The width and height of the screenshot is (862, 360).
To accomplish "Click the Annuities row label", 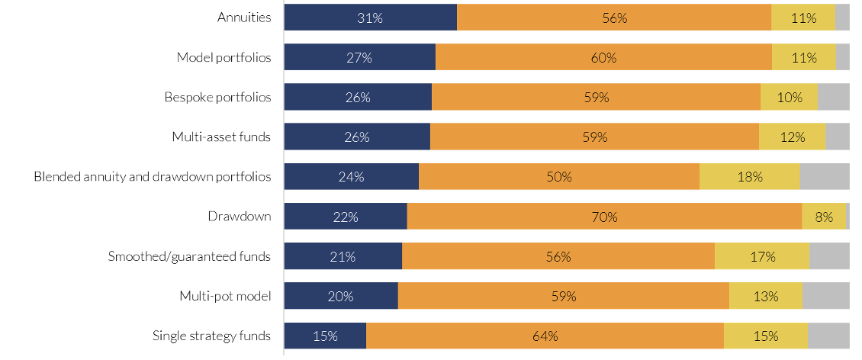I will pyautogui.click(x=244, y=18).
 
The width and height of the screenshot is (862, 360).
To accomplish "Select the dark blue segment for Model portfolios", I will pyautogui.click(x=359, y=57).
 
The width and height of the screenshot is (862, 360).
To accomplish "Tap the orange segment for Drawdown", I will pyautogui.click(x=604, y=217).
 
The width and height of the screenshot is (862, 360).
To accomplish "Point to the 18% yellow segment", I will pyautogui.click(x=750, y=177).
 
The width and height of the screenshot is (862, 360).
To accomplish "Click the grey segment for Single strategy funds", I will pyautogui.click(x=828, y=336).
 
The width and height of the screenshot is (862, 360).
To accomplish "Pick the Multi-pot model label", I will pyautogui.click(x=225, y=296).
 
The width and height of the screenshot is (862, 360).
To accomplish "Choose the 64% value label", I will pyautogui.click(x=545, y=336).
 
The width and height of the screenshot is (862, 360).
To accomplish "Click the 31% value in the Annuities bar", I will pyautogui.click(x=370, y=18).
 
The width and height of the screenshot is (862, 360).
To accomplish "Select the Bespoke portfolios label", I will pyautogui.click(x=217, y=97).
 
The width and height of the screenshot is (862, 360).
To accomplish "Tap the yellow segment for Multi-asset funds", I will pyautogui.click(x=792, y=137).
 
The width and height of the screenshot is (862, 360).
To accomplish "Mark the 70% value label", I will pyautogui.click(x=604, y=217).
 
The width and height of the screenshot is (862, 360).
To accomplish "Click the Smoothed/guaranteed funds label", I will pyautogui.click(x=189, y=256).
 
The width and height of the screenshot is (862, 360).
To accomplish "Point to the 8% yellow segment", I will pyautogui.click(x=824, y=217).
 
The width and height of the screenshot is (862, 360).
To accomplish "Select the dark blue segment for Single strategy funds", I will pyautogui.click(x=325, y=336).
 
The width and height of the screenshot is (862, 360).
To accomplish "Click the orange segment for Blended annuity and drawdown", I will pyautogui.click(x=559, y=177).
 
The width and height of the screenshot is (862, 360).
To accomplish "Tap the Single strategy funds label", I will pyautogui.click(x=211, y=336).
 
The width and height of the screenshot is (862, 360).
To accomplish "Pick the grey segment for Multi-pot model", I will pyautogui.click(x=825, y=296).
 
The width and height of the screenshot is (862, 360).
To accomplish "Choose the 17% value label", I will pyautogui.click(x=762, y=256).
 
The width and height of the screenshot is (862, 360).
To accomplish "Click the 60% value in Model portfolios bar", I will pyautogui.click(x=603, y=57).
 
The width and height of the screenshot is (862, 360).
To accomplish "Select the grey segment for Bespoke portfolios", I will pyautogui.click(x=833, y=97).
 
